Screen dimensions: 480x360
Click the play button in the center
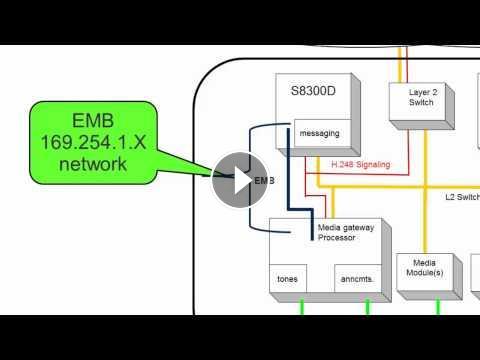click(240, 180)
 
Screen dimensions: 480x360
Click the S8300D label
click(313, 91)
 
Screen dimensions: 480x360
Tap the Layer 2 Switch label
click(423, 97)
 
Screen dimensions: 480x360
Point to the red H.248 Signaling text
click(361, 164)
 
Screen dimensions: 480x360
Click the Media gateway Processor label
click(346, 232)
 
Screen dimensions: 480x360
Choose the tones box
click(288, 279)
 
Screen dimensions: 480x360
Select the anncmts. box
click(357, 279)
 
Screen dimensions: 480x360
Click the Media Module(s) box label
click(425, 268)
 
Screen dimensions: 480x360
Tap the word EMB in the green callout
click(93, 120)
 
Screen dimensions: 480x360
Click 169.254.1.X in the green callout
click(93, 142)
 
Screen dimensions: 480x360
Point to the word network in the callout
click(93, 164)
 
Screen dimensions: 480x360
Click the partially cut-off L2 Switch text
click(463, 197)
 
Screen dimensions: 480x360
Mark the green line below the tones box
click(302, 307)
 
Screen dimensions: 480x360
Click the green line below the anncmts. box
click(368, 307)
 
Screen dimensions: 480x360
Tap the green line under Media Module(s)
click(438, 307)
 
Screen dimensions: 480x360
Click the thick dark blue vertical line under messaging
click(289, 168)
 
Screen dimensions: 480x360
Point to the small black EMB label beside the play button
click(264, 181)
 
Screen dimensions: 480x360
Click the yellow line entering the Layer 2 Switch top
click(400, 64)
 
